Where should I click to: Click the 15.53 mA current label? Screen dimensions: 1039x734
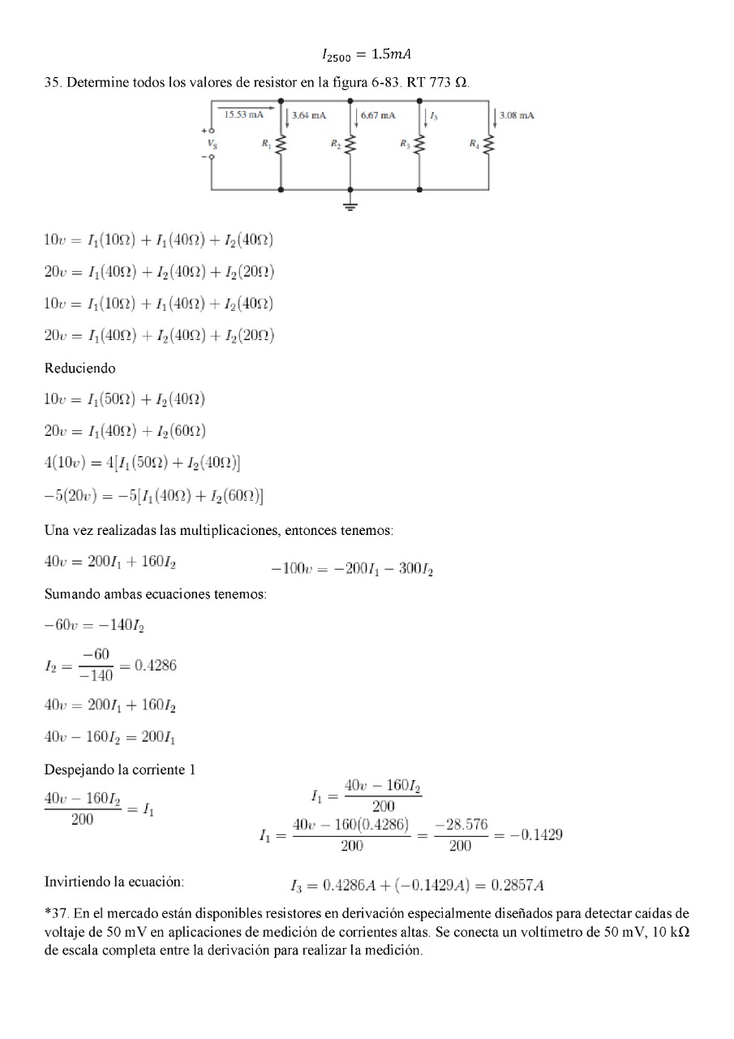244,115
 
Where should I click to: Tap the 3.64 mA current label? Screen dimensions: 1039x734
309,116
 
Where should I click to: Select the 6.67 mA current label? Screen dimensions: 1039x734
378,116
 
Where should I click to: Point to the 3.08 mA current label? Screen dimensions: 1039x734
517,116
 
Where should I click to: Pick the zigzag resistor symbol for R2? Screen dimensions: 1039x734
350,145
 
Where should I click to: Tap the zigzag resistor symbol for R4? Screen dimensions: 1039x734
488,145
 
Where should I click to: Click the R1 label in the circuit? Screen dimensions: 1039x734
266,144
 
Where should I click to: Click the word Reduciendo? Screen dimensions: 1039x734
79,368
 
